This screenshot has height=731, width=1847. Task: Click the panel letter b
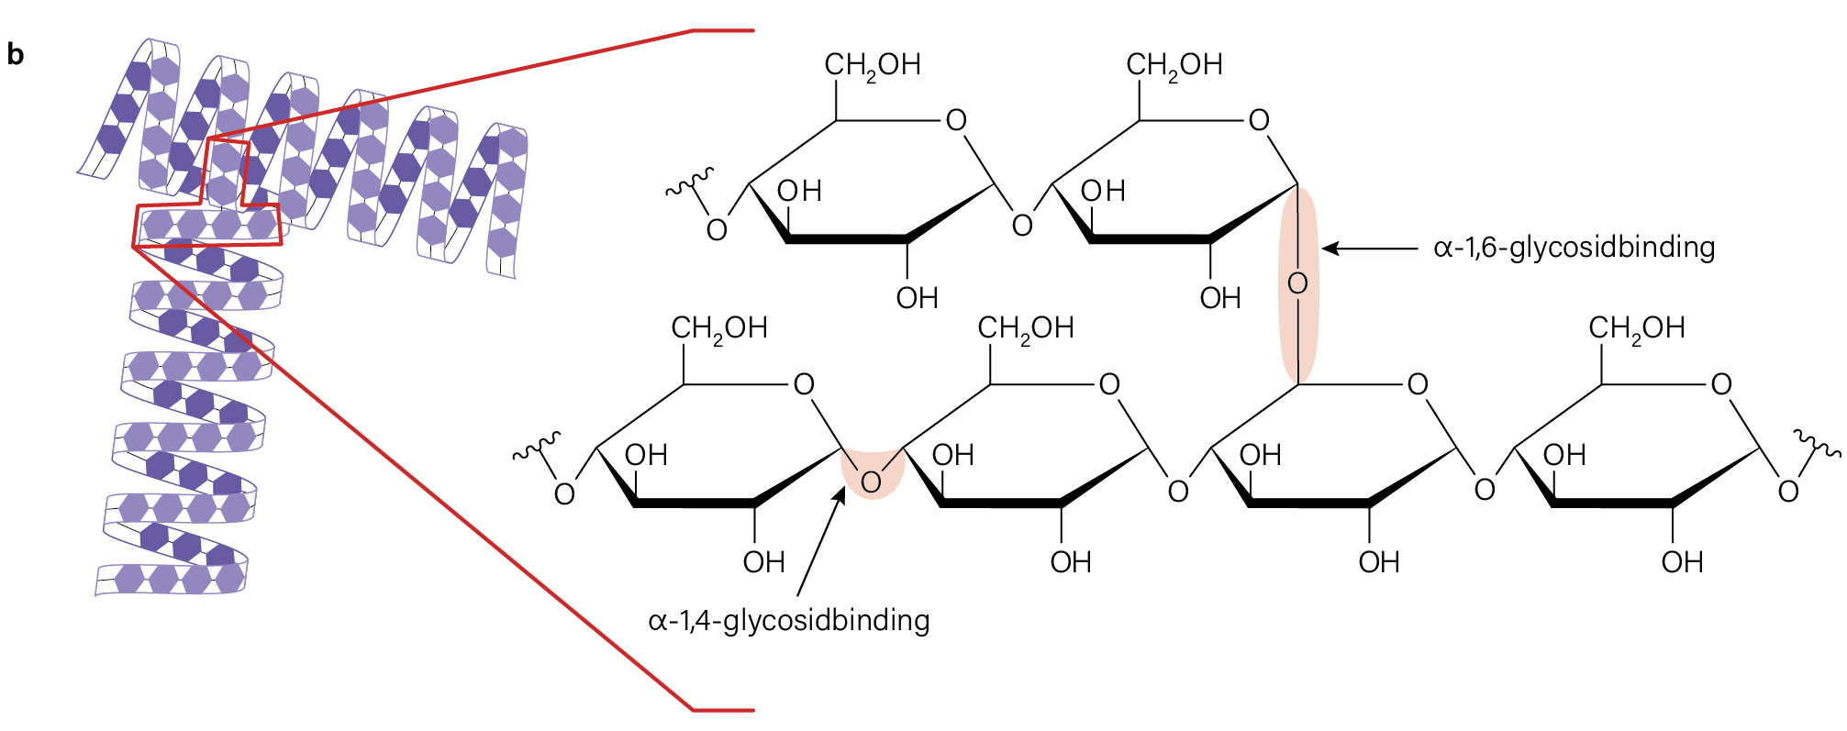click(x=15, y=55)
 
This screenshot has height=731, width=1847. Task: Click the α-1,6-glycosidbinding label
click(x=1574, y=248)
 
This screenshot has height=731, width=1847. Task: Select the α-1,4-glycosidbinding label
click(x=789, y=621)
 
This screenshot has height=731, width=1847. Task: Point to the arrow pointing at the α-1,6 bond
click(x=1370, y=248)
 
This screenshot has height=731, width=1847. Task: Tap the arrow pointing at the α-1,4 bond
click(x=820, y=542)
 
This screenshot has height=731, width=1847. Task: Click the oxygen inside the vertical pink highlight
click(x=1297, y=283)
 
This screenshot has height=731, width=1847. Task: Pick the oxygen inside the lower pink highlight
click(x=871, y=482)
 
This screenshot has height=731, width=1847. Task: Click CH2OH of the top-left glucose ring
click(x=872, y=65)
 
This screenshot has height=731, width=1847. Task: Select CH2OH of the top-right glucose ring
click(x=1174, y=65)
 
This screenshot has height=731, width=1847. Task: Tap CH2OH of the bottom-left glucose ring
click(x=719, y=328)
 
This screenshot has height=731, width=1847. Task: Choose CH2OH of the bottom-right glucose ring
click(x=1636, y=328)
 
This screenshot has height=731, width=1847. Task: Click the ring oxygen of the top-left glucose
click(x=956, y=120)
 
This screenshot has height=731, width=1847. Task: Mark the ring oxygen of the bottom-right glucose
click(x=1721, y=384)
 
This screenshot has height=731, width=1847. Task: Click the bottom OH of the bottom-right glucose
click(x=1682, y=562)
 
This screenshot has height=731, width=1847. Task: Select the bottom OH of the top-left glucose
click(x=917, y=298)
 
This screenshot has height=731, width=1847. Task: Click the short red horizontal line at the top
click(x=722, y=30)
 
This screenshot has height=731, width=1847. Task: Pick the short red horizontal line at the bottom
click(x=722, y=710)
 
